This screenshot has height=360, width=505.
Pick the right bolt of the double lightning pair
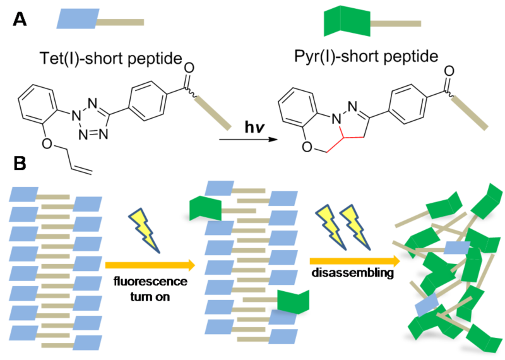coord(355,226)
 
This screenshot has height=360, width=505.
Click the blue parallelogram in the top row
coord(78,18)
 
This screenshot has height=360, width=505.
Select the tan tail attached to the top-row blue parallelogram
coord(121,23)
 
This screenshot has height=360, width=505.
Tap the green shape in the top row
coord(347,21)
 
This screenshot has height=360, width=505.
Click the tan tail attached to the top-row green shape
coord(396,24)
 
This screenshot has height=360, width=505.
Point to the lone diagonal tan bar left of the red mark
coord(213,113)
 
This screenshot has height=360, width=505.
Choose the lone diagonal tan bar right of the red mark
coord(470,113)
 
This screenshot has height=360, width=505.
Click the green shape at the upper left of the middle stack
coord(205,207)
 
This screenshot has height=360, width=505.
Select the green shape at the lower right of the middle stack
coord(294,301)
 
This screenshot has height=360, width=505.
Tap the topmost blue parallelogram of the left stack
coord(24,195)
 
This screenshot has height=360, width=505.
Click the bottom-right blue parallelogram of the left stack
coord(87,343)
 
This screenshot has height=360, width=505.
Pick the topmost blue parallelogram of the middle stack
coord(220,188)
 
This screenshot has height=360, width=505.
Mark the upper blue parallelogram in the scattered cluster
coord(456,248)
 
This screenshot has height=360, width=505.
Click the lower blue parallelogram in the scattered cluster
coord(427,306)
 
